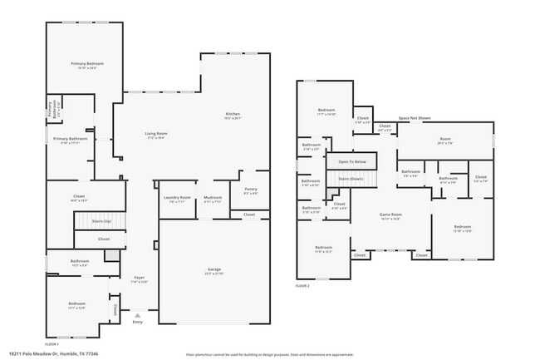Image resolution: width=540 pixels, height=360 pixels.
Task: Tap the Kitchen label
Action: coord(232,114)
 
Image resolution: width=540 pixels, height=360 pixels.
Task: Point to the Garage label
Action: coord(214,270)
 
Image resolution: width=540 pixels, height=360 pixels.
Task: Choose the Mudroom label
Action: coord(212,197)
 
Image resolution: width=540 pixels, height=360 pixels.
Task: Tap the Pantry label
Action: coord(250,190)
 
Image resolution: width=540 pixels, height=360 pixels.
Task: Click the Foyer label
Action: coord(139,279)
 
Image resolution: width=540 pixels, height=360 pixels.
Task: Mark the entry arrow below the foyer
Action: coord(137,315)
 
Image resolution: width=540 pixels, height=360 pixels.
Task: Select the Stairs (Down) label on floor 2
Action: coord(351,179)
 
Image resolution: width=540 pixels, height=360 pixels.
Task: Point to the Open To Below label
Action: coord(351,161)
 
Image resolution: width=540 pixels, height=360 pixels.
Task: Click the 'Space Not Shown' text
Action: coord(414,119)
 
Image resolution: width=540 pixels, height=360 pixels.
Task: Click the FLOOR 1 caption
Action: coord(52,343)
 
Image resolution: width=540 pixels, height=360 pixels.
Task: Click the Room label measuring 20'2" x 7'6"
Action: coord(445,139)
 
